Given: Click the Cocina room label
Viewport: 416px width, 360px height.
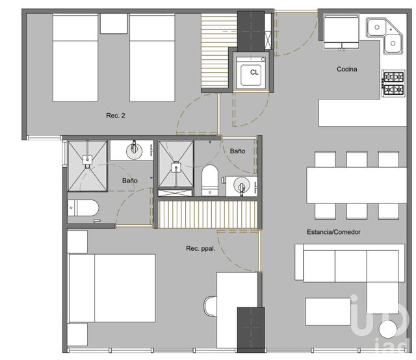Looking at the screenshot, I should [x=347, y=70].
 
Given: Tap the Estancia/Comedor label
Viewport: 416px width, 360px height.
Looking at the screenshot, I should [x=334, y=232].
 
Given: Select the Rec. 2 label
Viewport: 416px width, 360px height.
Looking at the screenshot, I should [x=115, y=116].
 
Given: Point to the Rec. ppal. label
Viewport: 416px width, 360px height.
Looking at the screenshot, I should [x=201, y=248].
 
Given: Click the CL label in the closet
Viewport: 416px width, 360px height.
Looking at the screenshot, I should [x=254, y=72].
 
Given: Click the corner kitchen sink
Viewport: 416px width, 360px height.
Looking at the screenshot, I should [x=384, y=34].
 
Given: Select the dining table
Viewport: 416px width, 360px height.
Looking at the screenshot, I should [x=356, y=185].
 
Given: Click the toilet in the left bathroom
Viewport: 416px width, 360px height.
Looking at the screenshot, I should [x=83, y=209].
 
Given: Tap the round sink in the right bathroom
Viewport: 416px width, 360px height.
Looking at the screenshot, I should [x=240, y=186].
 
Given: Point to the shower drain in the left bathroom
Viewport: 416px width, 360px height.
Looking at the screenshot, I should [x=88, y=159].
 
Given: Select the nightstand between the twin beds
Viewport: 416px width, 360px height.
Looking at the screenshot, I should [x=114, y=23].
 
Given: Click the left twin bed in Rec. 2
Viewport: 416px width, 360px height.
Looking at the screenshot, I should [x=75, y=58].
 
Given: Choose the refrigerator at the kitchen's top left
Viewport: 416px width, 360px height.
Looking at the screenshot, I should [x=340, y=29].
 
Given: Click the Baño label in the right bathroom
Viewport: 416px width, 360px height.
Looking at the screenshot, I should [x=237, y=151].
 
